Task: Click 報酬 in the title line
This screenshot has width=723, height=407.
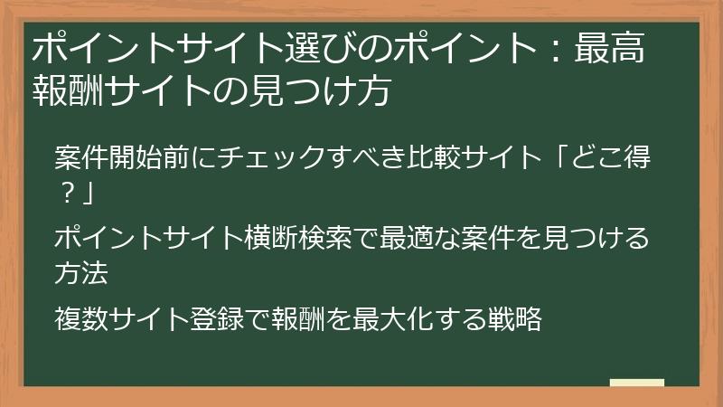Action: tap(68, 90)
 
